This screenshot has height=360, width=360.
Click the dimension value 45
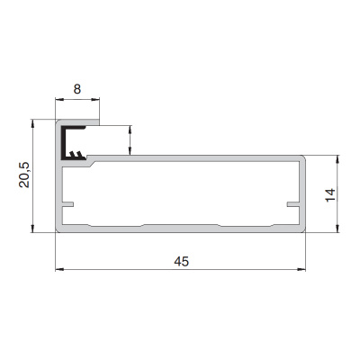[182, 261]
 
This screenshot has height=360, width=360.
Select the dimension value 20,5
[24, 175]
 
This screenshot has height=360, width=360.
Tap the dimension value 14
[330, 195]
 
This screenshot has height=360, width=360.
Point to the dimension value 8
[77, 89]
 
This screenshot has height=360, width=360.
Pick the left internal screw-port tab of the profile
[67, 204]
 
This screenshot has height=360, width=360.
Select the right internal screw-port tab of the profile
[293, 204]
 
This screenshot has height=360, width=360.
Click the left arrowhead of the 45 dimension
[59, 269]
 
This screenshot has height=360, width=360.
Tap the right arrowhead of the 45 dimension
[301, 269]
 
